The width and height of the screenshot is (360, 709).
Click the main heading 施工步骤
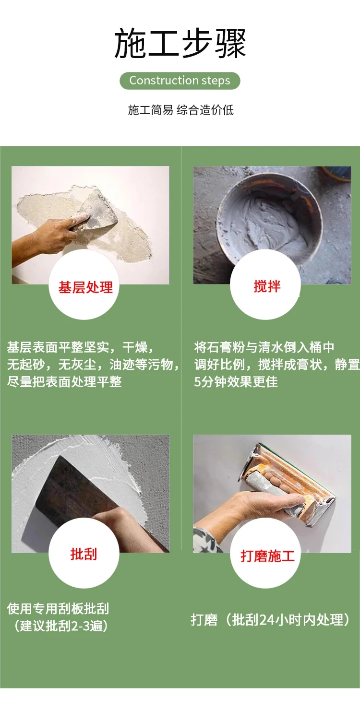point(180,43)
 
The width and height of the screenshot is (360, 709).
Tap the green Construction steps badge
point(180,81)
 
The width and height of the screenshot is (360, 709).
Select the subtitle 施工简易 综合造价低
point(181,110)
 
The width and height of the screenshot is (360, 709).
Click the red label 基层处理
point(85,287)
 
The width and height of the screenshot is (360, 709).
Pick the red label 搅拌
point(267,286)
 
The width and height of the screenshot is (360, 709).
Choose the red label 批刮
point(84,554)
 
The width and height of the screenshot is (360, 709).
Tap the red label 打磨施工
point(267,556)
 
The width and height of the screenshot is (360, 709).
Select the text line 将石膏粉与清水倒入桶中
point(264,347)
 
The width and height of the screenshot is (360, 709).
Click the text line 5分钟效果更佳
point(236,381)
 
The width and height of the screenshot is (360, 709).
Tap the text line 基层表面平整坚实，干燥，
point(81,347)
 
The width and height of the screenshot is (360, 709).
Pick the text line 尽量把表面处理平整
point(64,381)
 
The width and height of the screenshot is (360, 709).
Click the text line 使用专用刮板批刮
point(58,608)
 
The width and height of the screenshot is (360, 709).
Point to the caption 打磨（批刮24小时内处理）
point(270,619)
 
